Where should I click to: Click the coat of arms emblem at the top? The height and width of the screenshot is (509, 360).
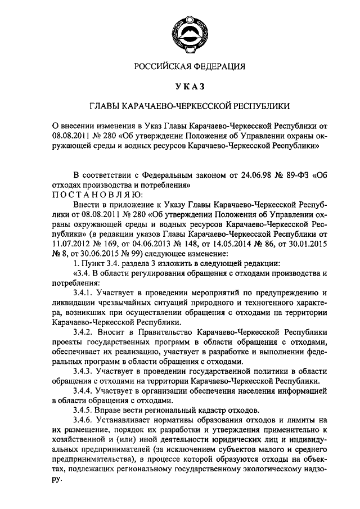point(189,30)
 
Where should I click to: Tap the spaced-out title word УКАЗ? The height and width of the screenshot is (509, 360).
point(189,87)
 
